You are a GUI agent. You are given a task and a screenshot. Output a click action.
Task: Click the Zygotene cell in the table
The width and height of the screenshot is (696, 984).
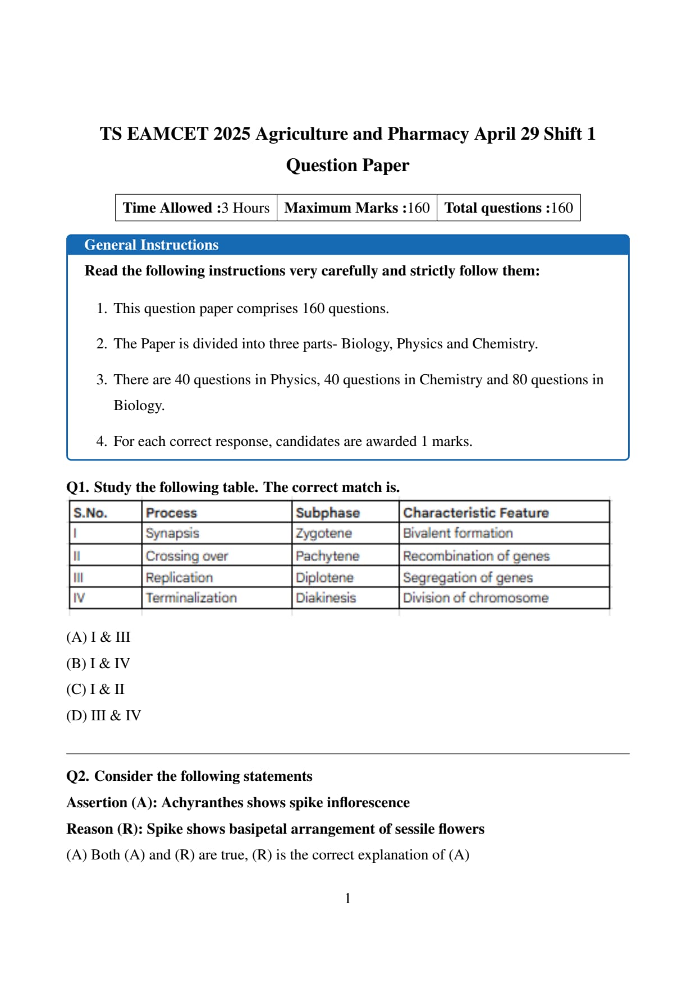(x=324, y=533)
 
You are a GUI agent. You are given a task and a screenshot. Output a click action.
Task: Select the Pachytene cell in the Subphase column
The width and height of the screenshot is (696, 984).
(x=327, y=556)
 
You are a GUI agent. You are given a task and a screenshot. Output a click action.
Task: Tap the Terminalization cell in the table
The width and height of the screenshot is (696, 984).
(x=191, y=598)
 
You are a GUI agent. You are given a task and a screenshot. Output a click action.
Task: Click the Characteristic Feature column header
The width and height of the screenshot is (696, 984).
(x=475, y=513)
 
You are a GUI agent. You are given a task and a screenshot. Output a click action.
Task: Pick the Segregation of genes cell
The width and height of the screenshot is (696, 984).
(x=468, y=577)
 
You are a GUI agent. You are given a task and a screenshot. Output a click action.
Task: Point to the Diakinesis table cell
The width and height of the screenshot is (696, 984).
(x=326, y=598)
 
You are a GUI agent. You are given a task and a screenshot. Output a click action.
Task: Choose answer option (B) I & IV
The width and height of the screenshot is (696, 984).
(x=98, y=663)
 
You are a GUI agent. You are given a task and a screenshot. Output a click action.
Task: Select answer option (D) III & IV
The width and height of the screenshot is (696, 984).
(x=103, y=715)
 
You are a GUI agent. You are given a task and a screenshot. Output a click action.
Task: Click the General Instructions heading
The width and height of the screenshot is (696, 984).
(x=151, y=245)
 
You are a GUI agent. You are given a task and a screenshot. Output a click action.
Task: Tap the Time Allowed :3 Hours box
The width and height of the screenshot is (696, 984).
(x=196, y=208)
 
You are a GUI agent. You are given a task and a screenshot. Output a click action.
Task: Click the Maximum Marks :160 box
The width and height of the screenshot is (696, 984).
(x=356, y=208)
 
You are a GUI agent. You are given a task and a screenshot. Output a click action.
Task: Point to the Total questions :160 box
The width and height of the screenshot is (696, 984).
(x=509, y=208)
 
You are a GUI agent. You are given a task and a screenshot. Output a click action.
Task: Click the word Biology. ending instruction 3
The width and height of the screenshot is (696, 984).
(x=139, y=405)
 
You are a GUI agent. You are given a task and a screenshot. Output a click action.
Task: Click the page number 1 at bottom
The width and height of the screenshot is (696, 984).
(x=347, y=898)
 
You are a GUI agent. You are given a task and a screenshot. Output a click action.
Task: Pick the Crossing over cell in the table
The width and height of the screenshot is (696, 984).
(x=186, y=556)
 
